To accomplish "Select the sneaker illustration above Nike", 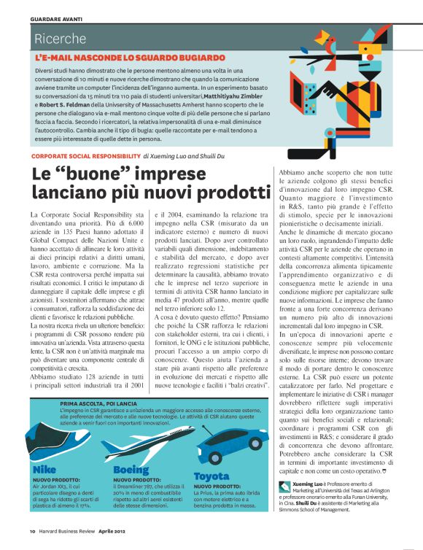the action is tap(58, 441).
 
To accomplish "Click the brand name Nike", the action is tap(44, 469).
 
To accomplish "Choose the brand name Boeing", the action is tap(131, 469).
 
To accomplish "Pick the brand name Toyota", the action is tap(211, 476).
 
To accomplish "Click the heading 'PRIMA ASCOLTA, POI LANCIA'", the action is tap(99, 403).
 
